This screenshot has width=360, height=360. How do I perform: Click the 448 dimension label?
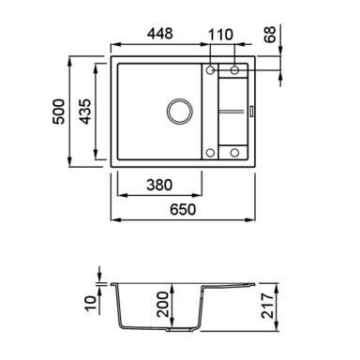point(160,34)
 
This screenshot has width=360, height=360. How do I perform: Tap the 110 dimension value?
point(220,35)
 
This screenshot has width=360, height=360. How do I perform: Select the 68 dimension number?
point(270,35)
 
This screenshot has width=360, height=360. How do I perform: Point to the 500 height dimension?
point(58,112)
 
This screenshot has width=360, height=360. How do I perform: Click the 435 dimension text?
point(84,112)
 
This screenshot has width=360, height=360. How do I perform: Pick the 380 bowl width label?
point(159,185)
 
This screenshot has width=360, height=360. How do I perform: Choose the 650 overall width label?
point(183,210)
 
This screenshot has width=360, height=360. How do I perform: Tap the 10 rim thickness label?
point(90,304)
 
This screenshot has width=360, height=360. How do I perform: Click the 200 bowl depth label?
point(163,305)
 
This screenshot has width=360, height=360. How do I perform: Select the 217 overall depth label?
point(268,306)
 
